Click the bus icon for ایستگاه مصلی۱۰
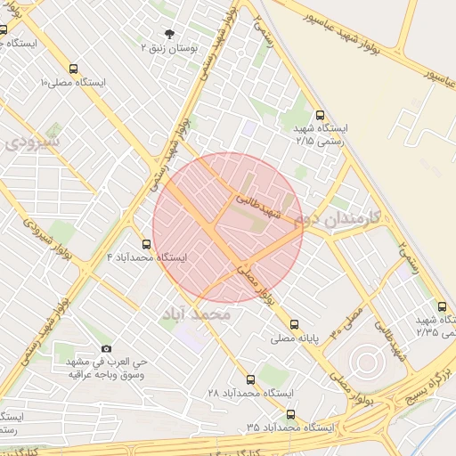pyautogui.click(x=72, y=68)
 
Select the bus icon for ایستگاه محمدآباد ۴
pyautogui.click(x=147, y=243)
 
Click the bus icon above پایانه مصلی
pyautogui.click(x=295, y=325)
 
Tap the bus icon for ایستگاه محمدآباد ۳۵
pyautogui.click(x=290, y=414)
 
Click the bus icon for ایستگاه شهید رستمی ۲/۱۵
pyautogui.click(x=321, y=114)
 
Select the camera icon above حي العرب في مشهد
pyautogui.click(x=107, y=348)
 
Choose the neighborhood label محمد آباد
pyautogui.click(x=197, y=314)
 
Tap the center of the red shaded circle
pyautogui.click(x=228, y=228)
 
